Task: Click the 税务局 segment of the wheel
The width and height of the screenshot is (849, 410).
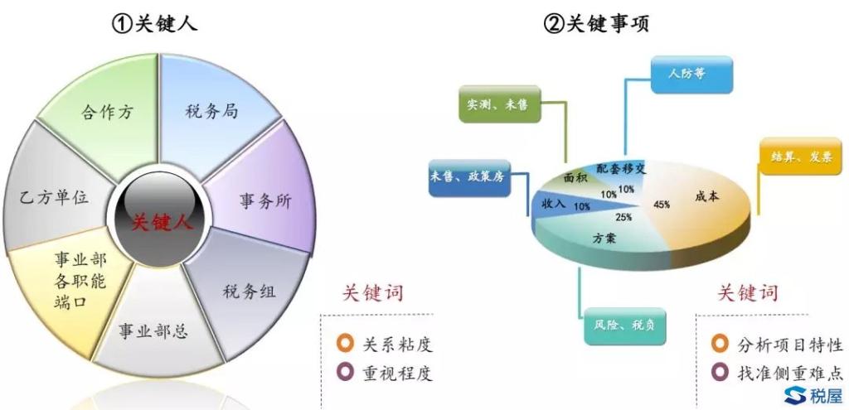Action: pos(212,109)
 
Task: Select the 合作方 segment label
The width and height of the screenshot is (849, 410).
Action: pos(108,112)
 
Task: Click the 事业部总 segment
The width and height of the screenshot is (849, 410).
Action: pos(153,332)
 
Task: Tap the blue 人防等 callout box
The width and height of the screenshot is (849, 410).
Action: pos(690,74)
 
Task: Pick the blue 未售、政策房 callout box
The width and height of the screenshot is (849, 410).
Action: pos(466,176)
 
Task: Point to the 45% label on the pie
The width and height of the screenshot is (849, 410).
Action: pos(662,204)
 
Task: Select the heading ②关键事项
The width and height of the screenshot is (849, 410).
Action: pos(596,24)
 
